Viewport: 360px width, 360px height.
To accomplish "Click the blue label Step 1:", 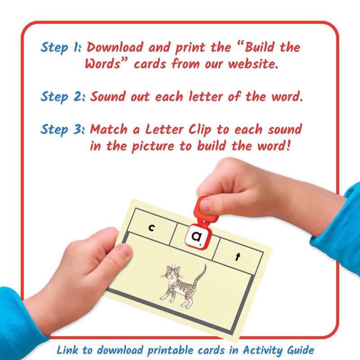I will (61, 48).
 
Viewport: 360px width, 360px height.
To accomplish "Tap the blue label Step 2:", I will (63, 96).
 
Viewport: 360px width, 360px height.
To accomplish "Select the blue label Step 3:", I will (63, 130).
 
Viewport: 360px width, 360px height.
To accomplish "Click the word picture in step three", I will (153, 146).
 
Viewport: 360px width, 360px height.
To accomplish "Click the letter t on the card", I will (238, 257).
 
